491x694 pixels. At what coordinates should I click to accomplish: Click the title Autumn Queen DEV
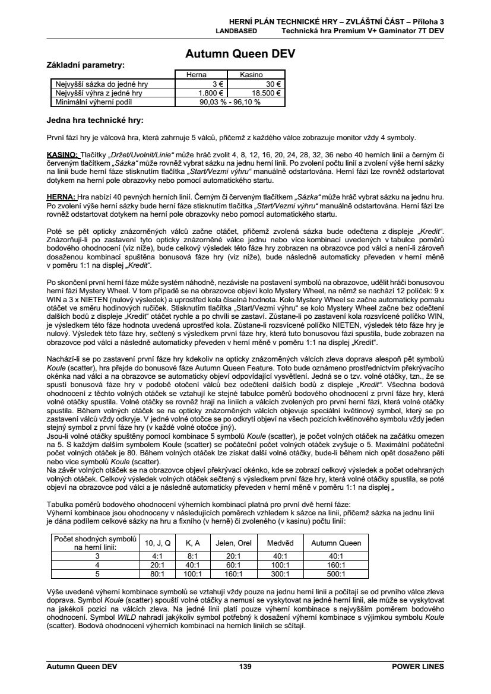click(240, 54)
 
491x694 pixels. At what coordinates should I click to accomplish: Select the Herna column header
click(197, 75)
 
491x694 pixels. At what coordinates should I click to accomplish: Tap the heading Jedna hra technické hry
click(95, 120)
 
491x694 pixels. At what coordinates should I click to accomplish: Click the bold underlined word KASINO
click(62, 156)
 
